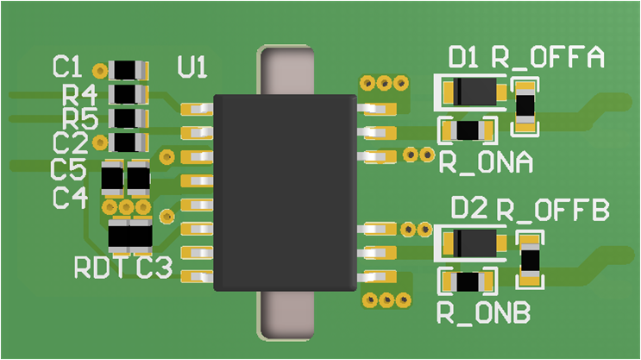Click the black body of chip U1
point(284,192)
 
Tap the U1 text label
point(192,66)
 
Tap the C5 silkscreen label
point(69,167)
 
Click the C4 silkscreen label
point(69,198)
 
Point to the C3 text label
point(155,268)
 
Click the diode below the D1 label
point(474,91)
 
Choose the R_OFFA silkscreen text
point(547,58)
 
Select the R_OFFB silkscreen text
point(553,210)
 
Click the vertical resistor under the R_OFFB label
point(531,258)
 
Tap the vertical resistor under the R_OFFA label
point(525,106)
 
